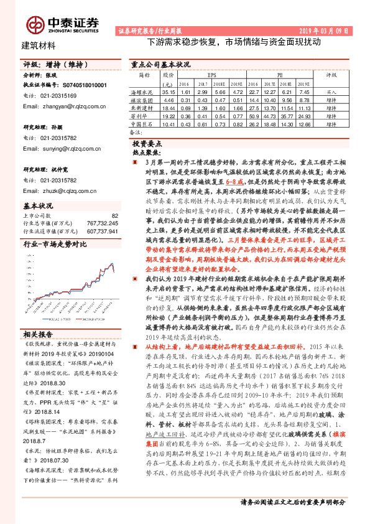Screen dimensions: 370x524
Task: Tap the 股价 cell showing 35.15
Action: point(168,91)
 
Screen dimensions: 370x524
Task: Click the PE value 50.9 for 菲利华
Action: point(254,116)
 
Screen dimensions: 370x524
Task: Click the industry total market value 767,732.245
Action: point(101,222)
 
